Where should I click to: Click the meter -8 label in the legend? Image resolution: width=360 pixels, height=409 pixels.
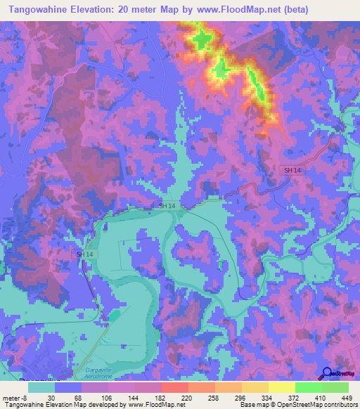[x=15, y=397]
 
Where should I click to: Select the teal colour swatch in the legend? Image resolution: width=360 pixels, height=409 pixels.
[x=41, y=387]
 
